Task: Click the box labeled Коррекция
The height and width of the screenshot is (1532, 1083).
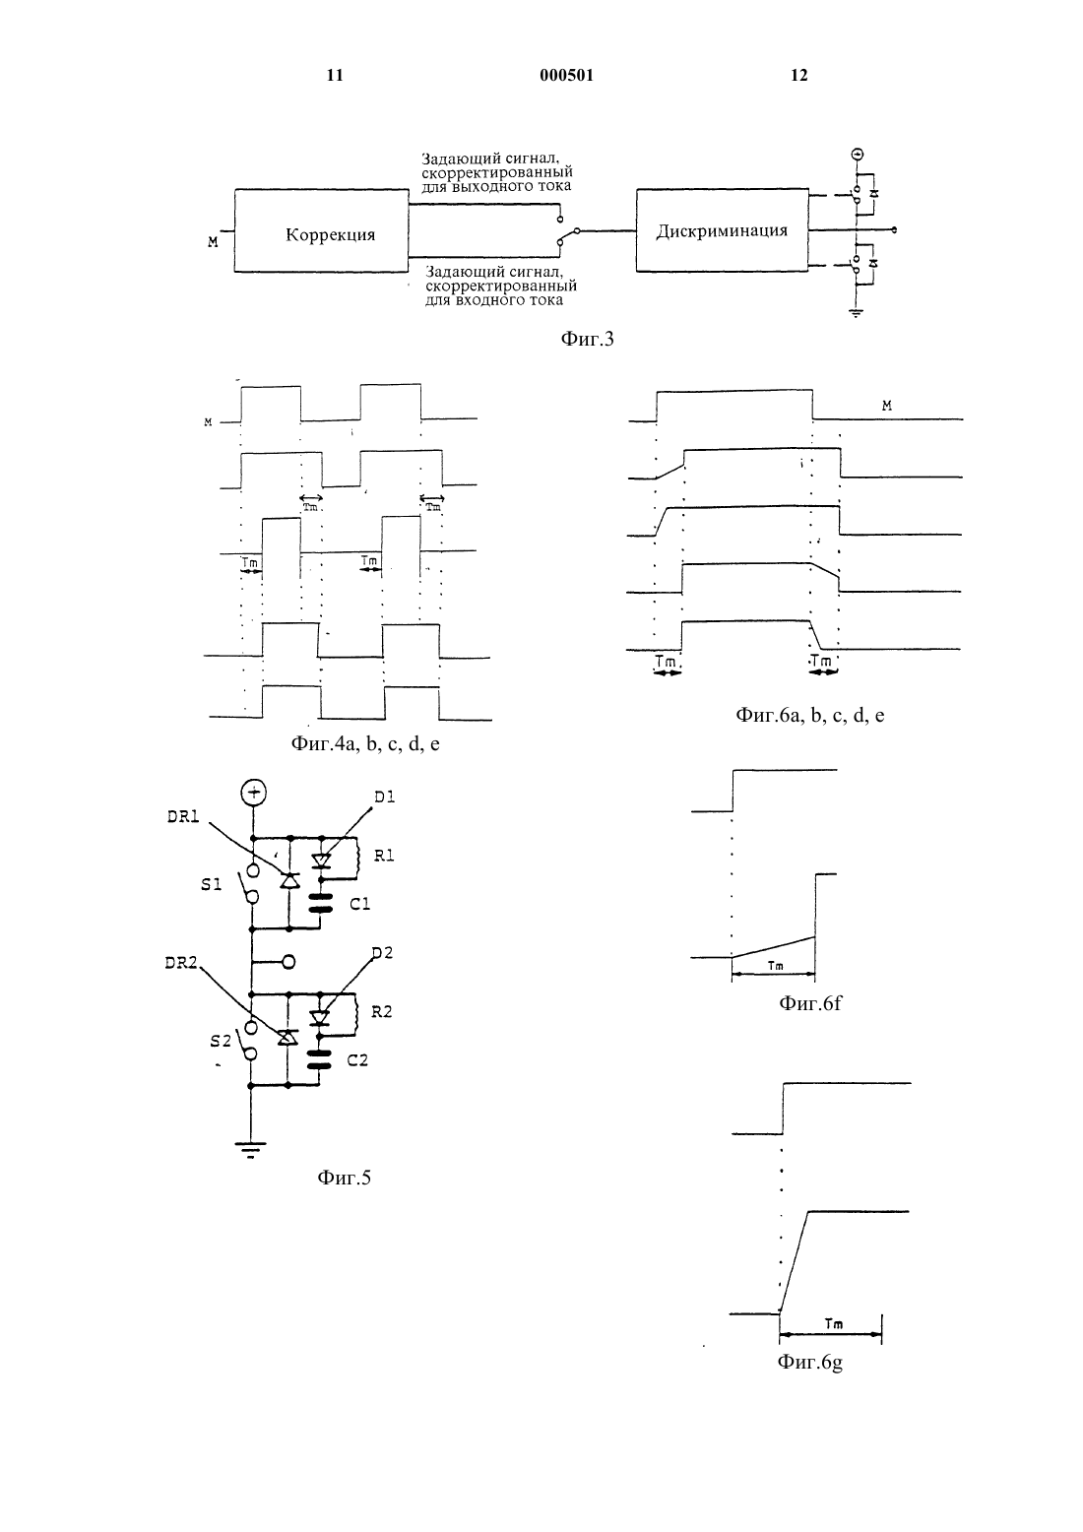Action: pyautogui.click(x=321, y=230)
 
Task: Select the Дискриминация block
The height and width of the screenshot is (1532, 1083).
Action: pyautogui.click(x=722, y=230)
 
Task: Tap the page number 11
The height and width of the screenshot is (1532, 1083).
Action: pyautogui.click(x=335, y=75)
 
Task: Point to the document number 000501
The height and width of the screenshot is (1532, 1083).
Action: pyautogui.click(x=566, y=75)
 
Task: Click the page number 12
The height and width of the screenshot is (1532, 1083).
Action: pyautogui.click(x=798, y=75)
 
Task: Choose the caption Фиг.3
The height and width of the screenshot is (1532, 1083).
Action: pyautogui.click(x=587, y=339)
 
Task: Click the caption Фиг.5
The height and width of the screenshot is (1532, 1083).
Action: pyautogui.click(x=344, y=1177)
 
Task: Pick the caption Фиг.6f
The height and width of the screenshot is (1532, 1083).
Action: pyautogui.click(x=809, y=1002)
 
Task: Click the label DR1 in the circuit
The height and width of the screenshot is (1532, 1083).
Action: pyautogui.click(x=182, y=816)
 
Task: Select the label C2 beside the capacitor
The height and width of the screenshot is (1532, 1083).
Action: pyautogui.click(x=357, y=1060)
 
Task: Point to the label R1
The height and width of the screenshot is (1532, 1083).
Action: pyautogui.click(x=384, y=856)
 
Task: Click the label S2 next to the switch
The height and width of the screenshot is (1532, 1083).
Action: pyautogui.click(x=221, y=1041)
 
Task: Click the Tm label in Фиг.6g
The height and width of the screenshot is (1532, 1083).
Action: pyautogui.click(x=834, y=1323)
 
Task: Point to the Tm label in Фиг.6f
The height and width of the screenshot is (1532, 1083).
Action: pyautogui.click(x=776, y=966)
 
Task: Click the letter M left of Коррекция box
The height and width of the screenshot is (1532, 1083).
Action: pyautogui.click(x=214, y=241)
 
